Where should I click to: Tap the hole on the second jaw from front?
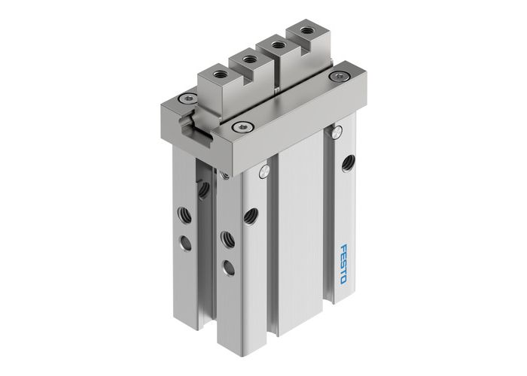249,59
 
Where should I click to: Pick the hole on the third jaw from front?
279,45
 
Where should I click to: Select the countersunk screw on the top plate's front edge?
242,126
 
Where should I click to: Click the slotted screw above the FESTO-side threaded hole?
337,133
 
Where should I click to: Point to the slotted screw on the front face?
263,172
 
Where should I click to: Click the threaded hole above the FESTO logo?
348,162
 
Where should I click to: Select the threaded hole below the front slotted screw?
251,216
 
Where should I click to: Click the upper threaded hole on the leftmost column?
184,215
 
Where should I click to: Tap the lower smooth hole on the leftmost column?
185,242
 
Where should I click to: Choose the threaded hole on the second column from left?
227,240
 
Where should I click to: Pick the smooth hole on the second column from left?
228,267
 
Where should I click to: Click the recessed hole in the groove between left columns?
204,190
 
